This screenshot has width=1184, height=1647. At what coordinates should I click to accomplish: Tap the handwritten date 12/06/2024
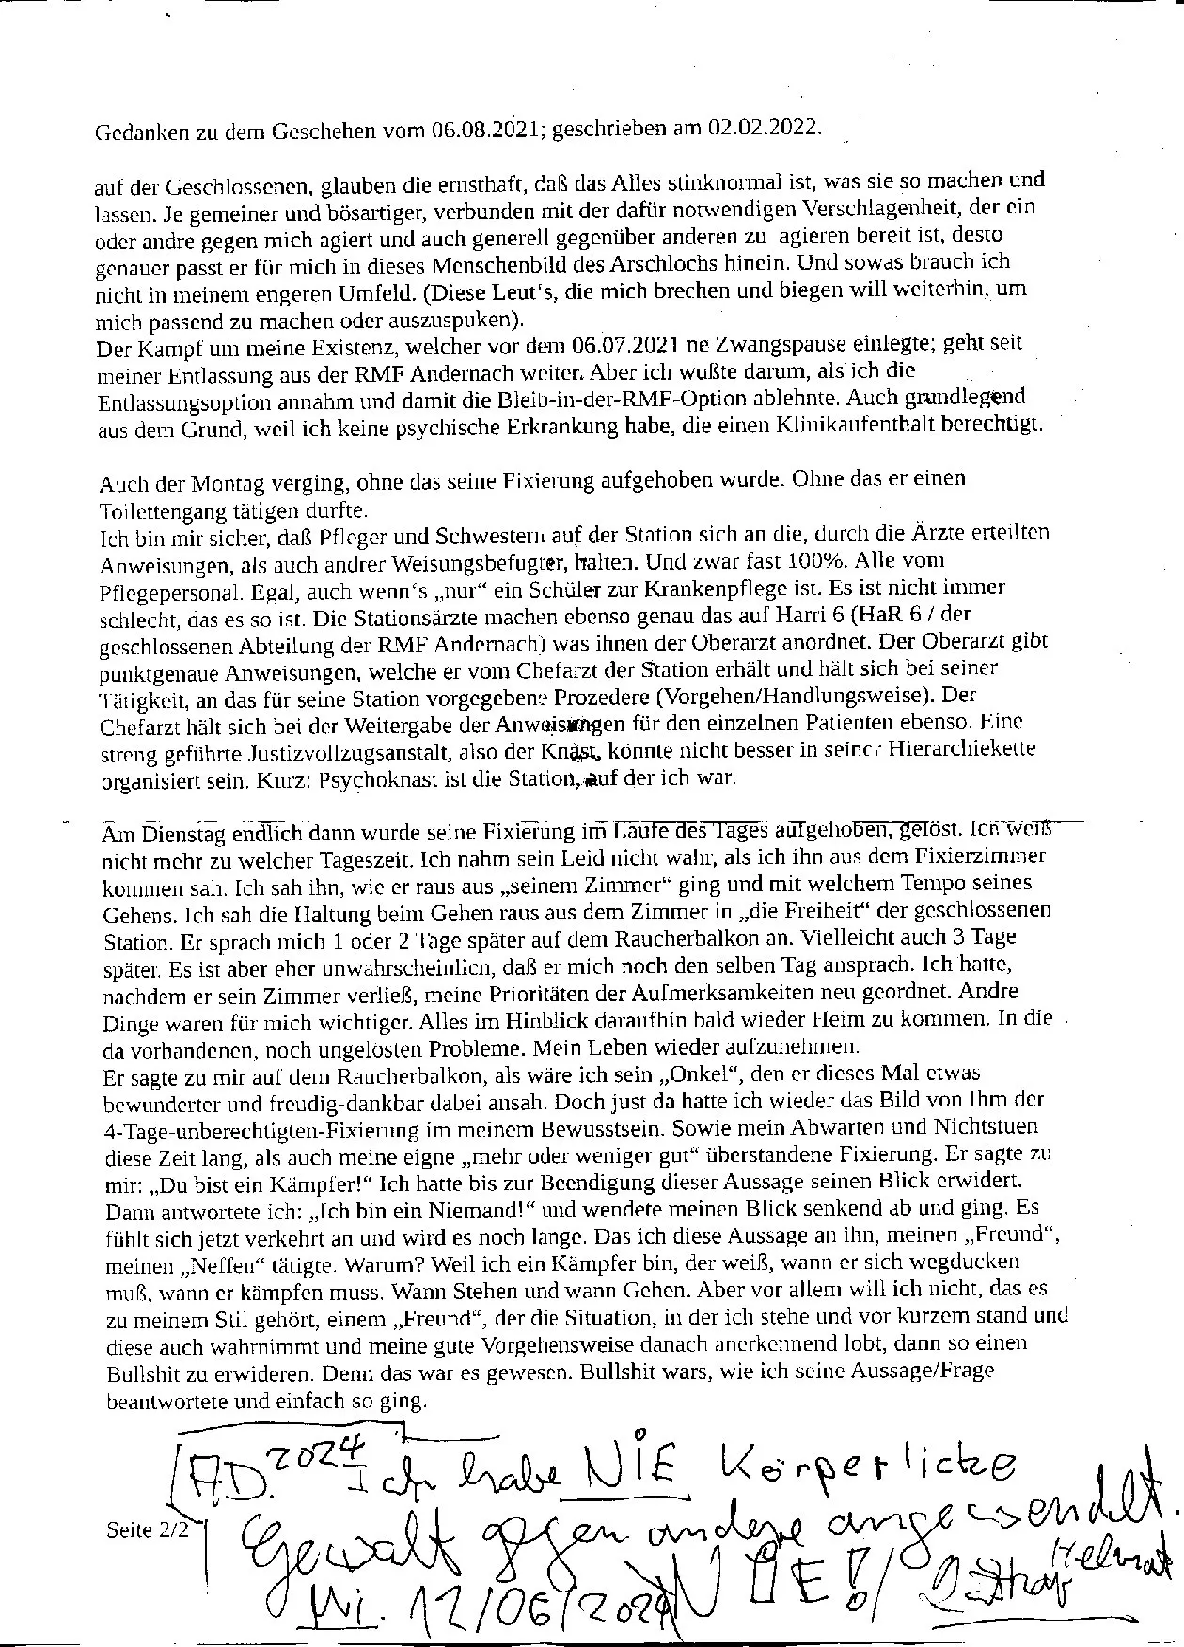pyautogui.click(x=531, y=1613)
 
